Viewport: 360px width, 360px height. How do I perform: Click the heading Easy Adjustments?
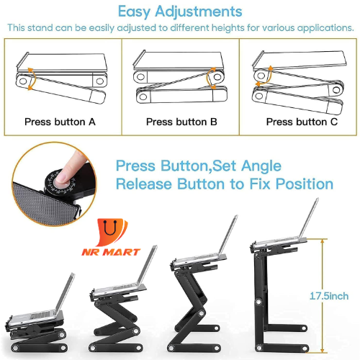(x=180, y=12)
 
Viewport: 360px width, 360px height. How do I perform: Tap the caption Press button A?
(x=60, y=122)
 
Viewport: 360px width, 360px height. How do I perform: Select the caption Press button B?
(x=181, y=122)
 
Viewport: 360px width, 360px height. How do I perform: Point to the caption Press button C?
(x=302, y=122)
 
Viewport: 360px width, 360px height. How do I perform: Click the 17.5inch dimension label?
(x=329, y=296)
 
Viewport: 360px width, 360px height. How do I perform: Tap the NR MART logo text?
(x=111, y=252)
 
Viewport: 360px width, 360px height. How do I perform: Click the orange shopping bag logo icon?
(x=112, y=232)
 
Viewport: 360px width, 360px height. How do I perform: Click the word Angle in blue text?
(x=261, y=166)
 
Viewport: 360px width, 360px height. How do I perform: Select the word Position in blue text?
(x=305, y=184)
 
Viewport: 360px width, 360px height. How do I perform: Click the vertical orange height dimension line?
(x=323, y=296)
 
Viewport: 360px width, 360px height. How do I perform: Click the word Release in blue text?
(x=144, y=184)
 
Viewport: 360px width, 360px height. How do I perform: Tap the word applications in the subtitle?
(x=325, y=28)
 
